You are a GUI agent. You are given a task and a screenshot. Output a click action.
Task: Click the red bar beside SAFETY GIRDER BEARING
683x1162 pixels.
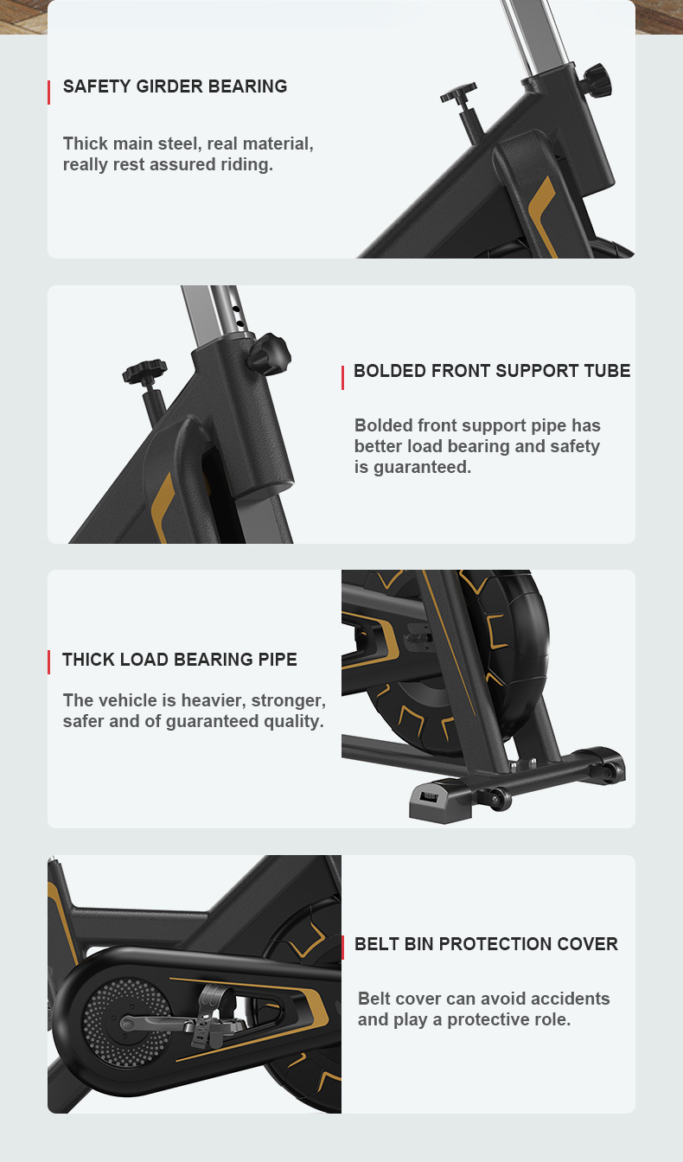point(48,93)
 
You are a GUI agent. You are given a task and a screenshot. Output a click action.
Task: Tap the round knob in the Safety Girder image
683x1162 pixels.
point(597,80)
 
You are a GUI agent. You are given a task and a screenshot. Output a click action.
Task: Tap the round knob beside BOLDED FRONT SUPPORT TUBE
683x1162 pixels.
point(269,354)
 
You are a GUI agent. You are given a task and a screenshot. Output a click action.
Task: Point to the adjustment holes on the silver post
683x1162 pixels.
point(238,316)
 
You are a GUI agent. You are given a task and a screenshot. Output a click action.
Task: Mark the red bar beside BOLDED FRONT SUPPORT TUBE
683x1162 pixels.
point(342,378)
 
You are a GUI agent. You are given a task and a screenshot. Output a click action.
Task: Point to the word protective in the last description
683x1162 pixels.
point(491,1020)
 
